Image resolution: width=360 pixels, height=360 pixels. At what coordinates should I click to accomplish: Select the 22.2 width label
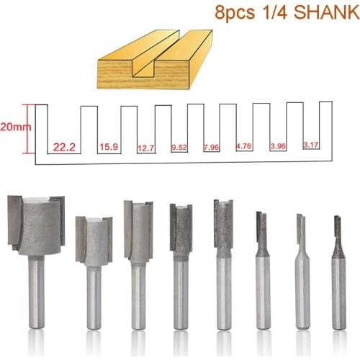click(63, 146)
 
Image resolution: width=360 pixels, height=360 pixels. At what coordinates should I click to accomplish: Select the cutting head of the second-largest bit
click(94, 240)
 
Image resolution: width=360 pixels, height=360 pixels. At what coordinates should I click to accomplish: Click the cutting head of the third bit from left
click(137, 230)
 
